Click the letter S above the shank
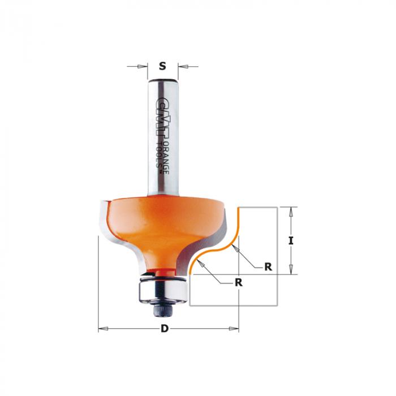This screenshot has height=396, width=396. pyautogui.click(x=163, y=66)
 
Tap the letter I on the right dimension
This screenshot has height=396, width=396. pyautogui.click(x=291, y=240)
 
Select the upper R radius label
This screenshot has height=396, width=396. pyautogui.click(x=268, y=266)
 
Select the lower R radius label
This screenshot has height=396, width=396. pyautogui.click(x=239, y=283)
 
